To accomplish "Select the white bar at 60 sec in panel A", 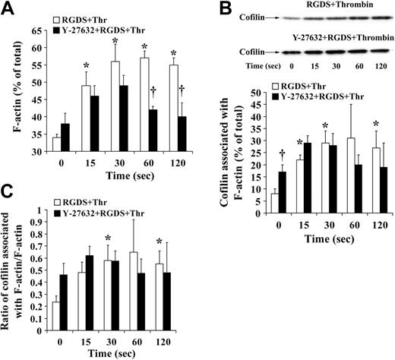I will click(x=142, y=104).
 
